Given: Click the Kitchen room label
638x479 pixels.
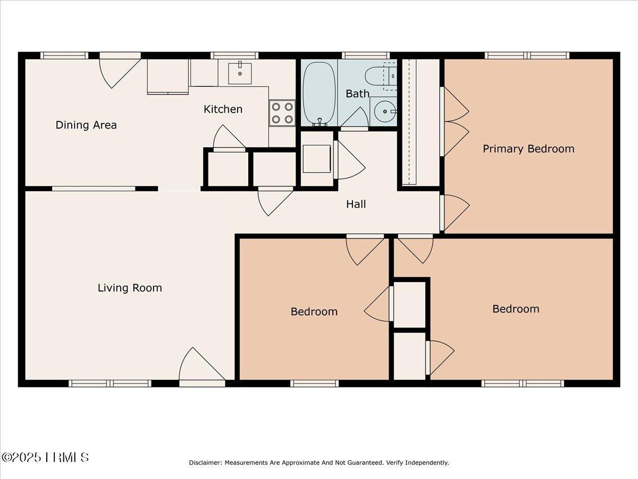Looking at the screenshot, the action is pos(223,109).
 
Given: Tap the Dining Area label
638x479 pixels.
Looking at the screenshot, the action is pos(86,125).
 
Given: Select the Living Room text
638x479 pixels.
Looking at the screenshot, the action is pos(130,288).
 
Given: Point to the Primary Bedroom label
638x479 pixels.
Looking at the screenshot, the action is pos(528,149).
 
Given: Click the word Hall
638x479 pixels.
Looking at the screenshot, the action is pos(356,204).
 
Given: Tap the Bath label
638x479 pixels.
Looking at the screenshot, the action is pos(357,94).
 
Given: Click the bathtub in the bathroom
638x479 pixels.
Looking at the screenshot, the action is pos(319,93).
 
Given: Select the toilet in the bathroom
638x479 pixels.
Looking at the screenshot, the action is pos(381,76).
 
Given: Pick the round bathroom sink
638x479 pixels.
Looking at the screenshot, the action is pos(385,111).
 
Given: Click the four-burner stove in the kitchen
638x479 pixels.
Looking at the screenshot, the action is pos(282,113).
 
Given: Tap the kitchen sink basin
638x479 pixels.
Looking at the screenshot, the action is pos(240,73).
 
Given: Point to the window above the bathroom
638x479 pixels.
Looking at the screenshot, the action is pos(366,55).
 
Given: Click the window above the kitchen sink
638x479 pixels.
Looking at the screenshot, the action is pos(234,55).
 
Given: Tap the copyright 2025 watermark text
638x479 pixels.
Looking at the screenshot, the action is pos(45,457).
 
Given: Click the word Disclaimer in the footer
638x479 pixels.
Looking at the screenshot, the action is pos(206,463).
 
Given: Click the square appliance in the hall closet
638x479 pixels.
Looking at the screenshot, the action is pos(316,159).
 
